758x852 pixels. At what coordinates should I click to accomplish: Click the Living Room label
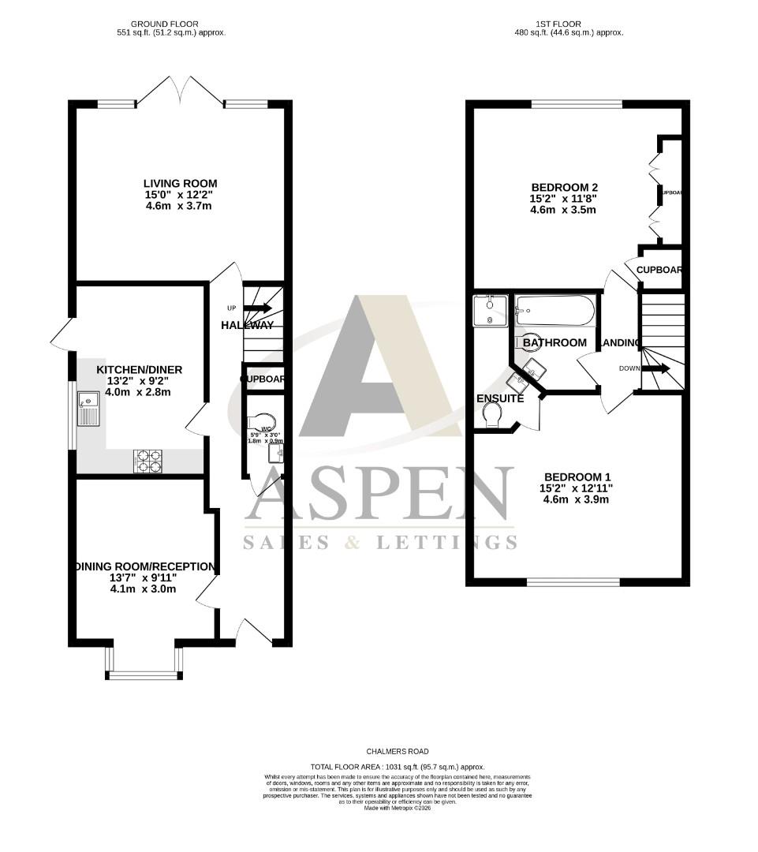tap(180, 184)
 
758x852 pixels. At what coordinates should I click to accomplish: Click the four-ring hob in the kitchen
tap(148, 461)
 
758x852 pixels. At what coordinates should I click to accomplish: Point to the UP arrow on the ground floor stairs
tap(257, 308)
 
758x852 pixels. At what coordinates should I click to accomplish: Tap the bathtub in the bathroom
tap(554, 312)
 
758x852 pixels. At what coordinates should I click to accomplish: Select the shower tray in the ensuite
tap(491, 310)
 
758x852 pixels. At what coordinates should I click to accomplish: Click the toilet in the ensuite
tap(493, 415)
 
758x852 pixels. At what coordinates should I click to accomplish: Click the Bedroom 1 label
tap(577, 476)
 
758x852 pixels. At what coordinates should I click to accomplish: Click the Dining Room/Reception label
tap(144, 566)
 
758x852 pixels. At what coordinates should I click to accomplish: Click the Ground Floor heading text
tap(164, 24)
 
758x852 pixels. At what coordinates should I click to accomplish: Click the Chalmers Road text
tap(398, 752)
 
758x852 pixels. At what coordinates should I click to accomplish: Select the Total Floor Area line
tap(398, 767)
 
